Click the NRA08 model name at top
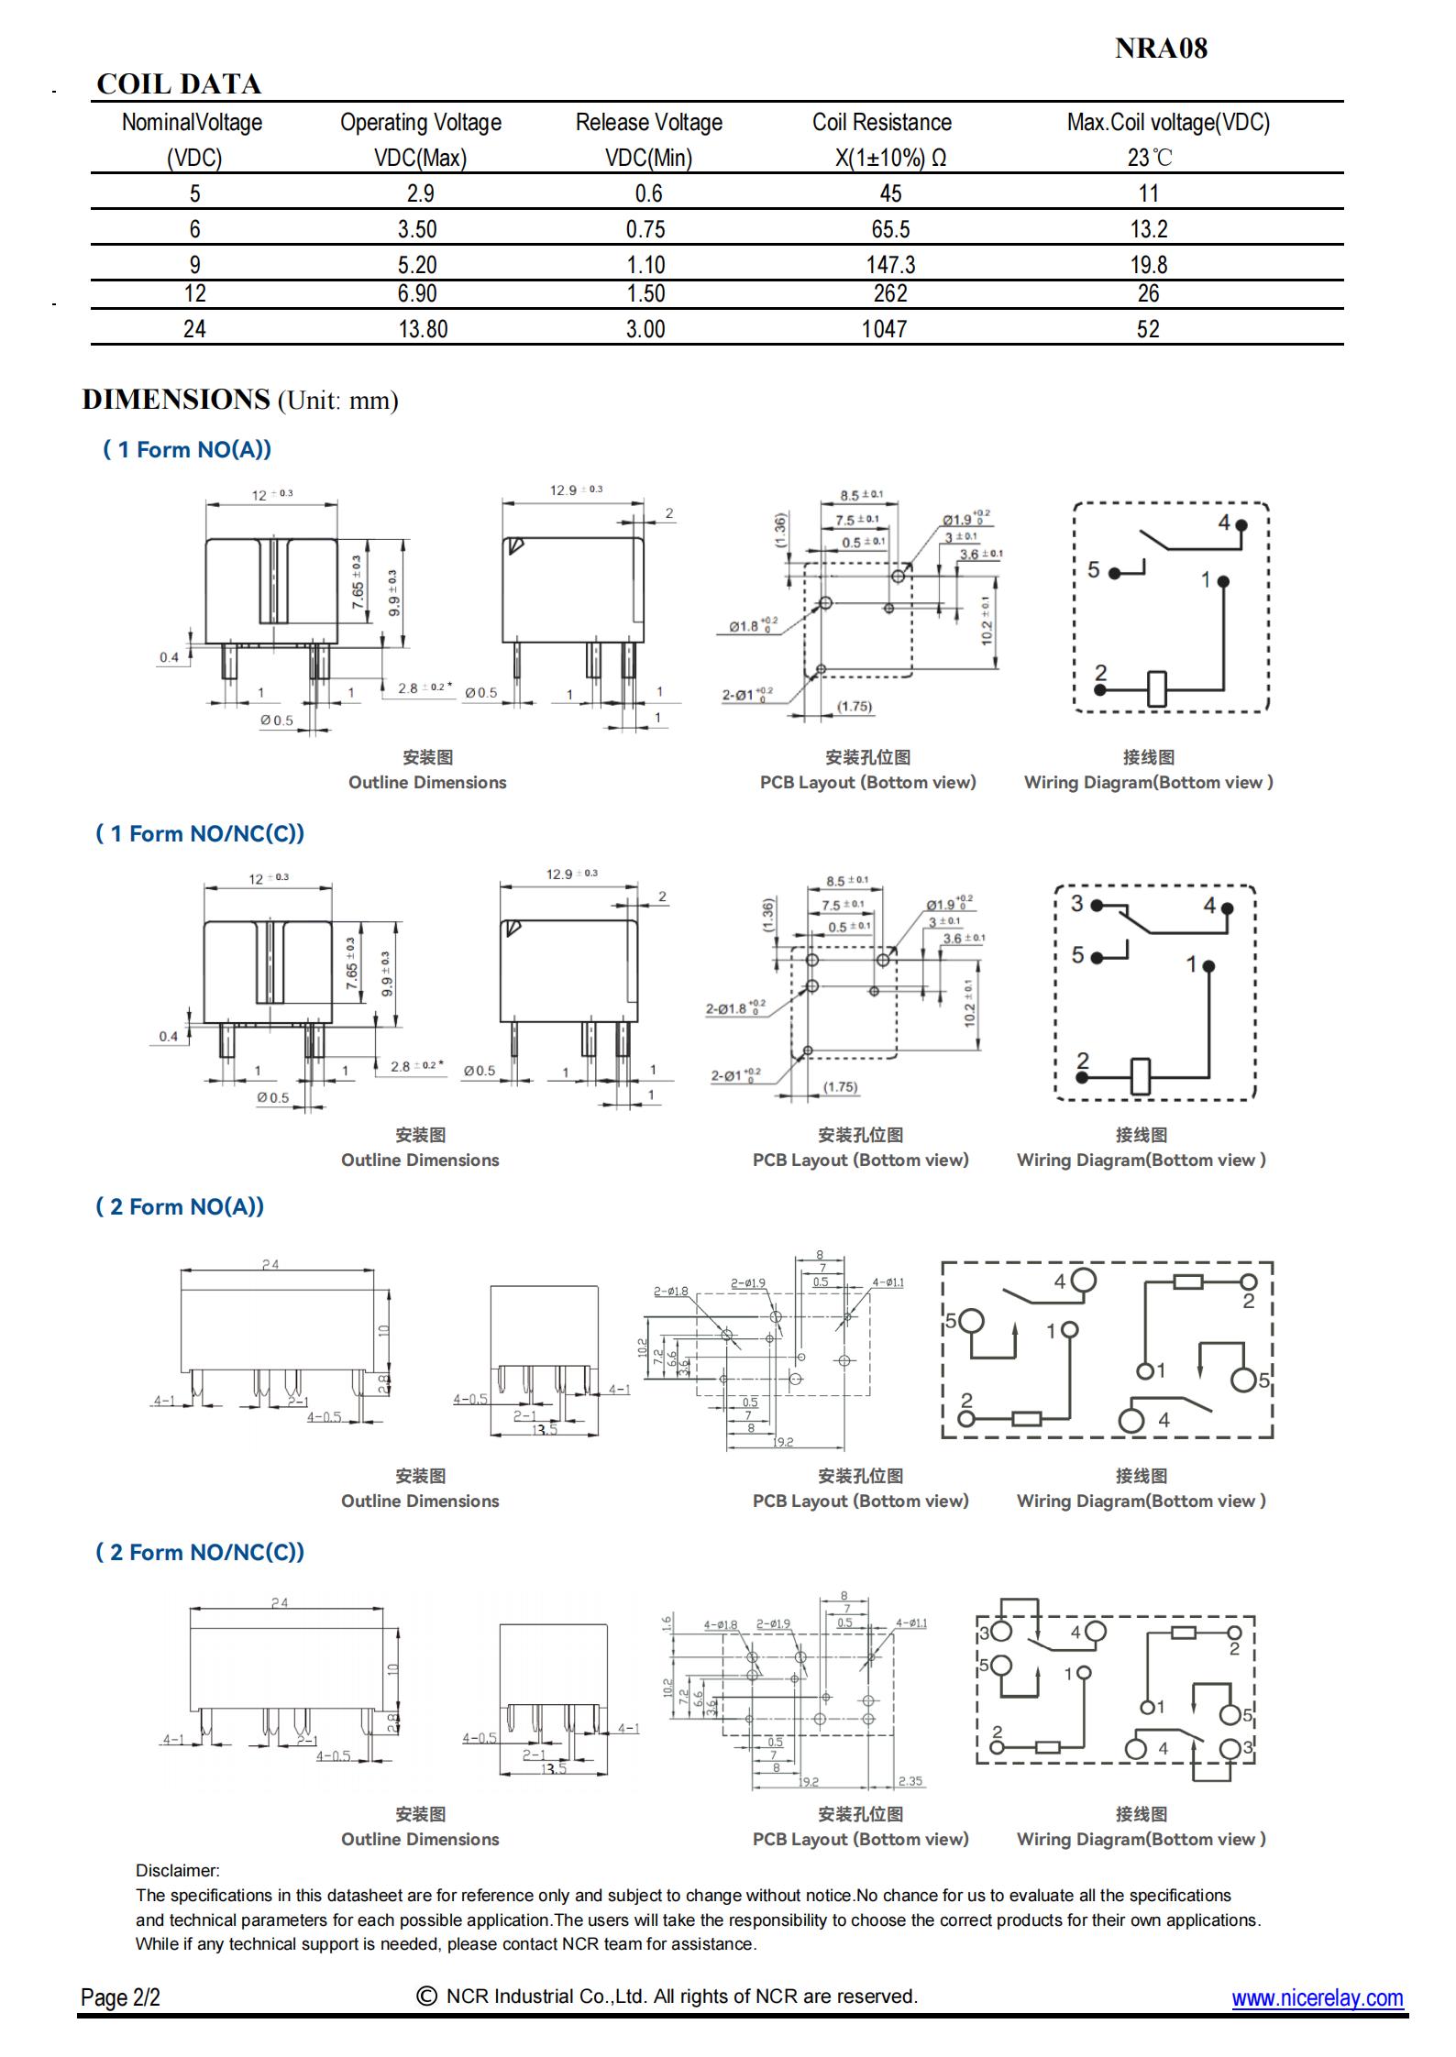(1161, 49)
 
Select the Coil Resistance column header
(881, 123)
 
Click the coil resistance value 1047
(884, 329)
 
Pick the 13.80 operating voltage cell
(423, 329)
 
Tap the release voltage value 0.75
(645, 229)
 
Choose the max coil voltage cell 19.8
(1148, 265)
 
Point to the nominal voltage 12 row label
(194, 293)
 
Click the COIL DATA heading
(179, 84)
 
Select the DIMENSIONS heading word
(176, 400)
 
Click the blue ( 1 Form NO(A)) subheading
(187, 449)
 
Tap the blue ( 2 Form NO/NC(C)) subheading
(200, 1552)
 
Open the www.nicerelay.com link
(1317, 1997)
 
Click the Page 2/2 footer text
(120, 1997)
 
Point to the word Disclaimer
(177, 1871)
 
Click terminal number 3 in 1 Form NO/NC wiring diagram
(1077, 903)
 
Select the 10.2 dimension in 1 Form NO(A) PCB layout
(987, 621)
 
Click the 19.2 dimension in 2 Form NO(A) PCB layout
(783, 1442)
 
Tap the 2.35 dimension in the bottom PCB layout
(910, 1781)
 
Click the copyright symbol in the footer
(426, 1996)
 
